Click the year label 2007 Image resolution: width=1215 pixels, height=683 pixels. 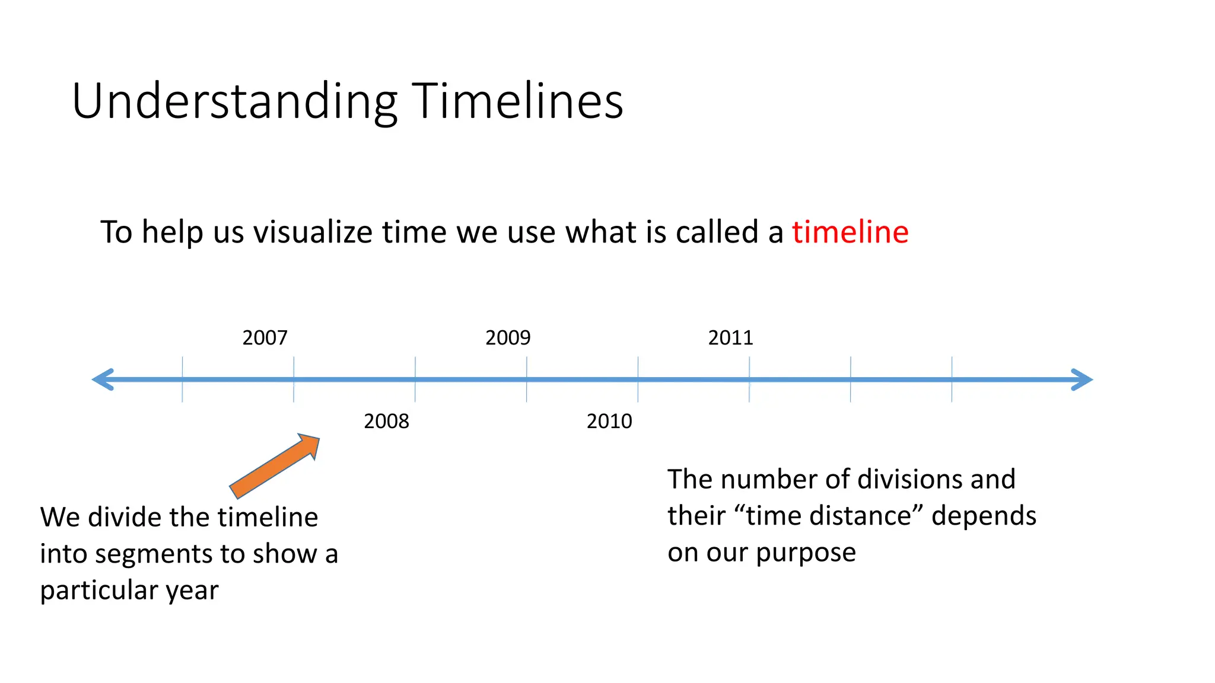[265, 338]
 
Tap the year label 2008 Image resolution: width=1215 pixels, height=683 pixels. [386, 422]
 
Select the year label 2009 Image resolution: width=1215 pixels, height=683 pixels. [508, 338]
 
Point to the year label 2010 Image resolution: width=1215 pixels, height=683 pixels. [609, 422]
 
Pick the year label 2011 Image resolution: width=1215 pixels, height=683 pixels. [730, 338]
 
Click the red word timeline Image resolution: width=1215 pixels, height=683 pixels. [850, 232]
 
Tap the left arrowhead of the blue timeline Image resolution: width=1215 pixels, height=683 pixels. [104, 379]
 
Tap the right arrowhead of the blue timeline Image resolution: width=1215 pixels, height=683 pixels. [1081, 379]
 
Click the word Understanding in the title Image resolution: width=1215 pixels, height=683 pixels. [234, 102]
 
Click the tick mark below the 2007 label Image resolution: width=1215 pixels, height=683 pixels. [294, 379]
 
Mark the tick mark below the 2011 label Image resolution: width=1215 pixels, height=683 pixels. [749, 379]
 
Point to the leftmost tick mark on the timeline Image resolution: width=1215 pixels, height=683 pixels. [182, 379]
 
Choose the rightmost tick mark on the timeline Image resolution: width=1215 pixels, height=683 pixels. [952, 379]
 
